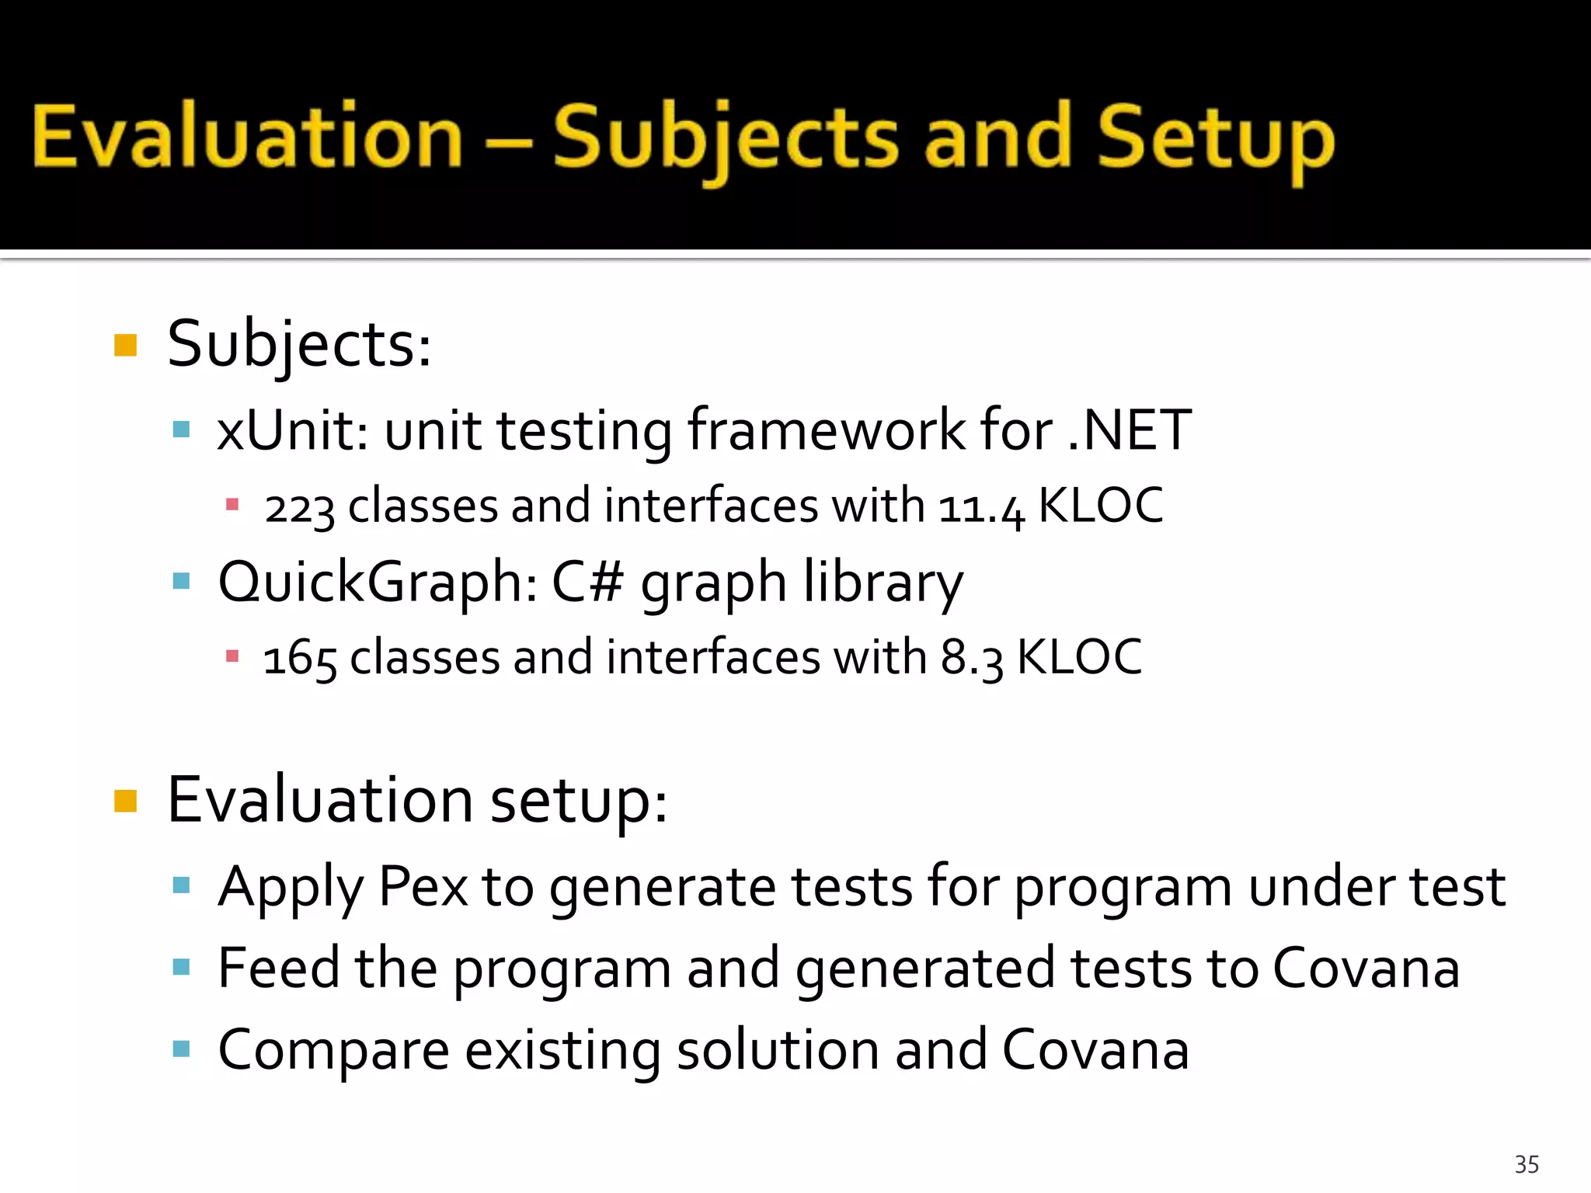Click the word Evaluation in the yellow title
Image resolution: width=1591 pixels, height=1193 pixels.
pos(247,137)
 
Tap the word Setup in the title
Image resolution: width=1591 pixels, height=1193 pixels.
pos(1216,140)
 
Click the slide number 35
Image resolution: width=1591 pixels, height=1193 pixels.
pos(1527,1164)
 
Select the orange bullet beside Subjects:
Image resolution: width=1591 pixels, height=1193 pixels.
pos(125,345)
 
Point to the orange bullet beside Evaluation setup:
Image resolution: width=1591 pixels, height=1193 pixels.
pos(125,801)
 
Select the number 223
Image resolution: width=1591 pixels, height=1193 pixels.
pos(299,508)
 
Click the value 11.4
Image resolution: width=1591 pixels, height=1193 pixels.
pos(981,508)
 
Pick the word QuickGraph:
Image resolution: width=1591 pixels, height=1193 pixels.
pos(378,582)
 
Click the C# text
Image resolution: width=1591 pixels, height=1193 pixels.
pos(587,582)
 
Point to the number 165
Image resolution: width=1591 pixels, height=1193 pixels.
pos(299,659)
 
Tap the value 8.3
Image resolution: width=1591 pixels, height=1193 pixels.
pos(971,659)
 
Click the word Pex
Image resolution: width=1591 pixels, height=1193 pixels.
pos(423,886)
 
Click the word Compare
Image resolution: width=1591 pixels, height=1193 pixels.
pos(333,1051)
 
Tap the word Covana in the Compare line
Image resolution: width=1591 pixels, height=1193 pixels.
pos(1095,1049)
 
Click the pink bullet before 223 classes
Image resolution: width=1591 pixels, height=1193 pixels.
pos(232,506)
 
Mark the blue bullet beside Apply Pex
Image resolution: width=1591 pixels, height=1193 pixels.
pos(182,885)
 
